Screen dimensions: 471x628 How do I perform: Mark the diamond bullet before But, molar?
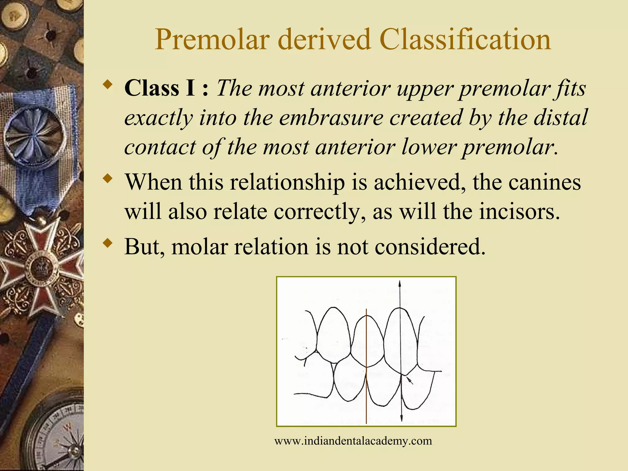click(107, 243)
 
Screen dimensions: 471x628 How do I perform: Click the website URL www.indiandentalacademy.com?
click(353, 441)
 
